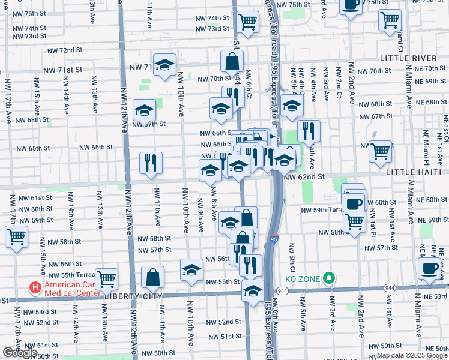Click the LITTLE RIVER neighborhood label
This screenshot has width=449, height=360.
coord(408,58)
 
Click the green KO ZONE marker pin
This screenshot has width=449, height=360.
coord(328,278)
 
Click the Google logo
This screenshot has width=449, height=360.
coord(20,353)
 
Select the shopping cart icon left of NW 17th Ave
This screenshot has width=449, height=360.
coord(16,235)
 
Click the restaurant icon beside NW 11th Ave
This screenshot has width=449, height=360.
coord(151,162)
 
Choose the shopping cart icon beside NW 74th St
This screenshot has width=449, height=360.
coord(247,22)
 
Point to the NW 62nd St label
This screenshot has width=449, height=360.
coord(304,177)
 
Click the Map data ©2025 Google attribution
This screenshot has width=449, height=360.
coord(412,355)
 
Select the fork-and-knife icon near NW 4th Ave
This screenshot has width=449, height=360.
coord(309,130)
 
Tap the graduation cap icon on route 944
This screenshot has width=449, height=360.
coord(253,291)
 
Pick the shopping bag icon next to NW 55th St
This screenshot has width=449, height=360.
coord(153,277)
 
